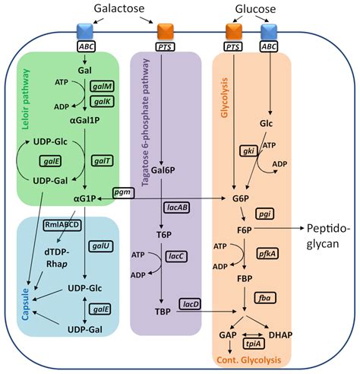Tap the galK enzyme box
tap(101, 100)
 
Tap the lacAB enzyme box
tap(172, 207)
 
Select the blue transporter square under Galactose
tap(85, 33)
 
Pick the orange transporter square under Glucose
tap(234, 33)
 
